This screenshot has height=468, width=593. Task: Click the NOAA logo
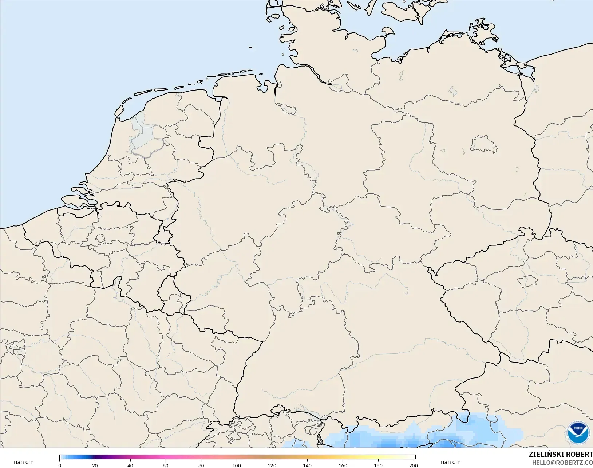(x=578, y=432)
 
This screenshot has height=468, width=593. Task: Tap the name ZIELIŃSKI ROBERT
(x=561, y=455)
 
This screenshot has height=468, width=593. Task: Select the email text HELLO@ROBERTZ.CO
(x=562, y=463)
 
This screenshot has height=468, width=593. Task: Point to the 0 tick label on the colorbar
(x=60, y=465)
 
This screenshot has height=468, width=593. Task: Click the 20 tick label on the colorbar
(x=95, y=465)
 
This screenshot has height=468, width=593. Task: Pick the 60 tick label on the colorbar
(x=166, y=465)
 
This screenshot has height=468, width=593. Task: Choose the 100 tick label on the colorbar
(x=237, y=465)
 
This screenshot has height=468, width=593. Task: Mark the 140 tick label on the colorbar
(x=307, y=465)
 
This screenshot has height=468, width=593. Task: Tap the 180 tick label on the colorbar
(x=378, y=465)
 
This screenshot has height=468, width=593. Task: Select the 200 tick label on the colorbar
(x=414, y=465)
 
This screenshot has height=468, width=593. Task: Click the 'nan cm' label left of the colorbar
(x=24, y=462)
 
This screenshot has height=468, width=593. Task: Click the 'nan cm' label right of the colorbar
(x=451, y=462)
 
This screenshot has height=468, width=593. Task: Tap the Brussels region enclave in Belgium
(x=100, y=239)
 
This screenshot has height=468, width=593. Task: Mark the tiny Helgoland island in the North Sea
(x=250, y=47)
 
